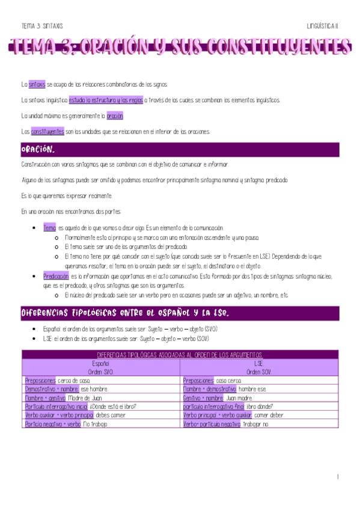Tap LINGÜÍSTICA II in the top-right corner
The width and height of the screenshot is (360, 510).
[x=323, y=26]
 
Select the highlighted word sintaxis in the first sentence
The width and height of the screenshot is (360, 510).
[x=37, y=84]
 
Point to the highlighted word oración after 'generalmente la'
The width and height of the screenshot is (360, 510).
[x=115, y=115]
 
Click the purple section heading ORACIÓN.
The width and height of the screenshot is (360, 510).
[x=39, y=149]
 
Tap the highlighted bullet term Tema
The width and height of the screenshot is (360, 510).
[x=49, y=229]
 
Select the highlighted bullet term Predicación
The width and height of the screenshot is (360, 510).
[x=56, y=276]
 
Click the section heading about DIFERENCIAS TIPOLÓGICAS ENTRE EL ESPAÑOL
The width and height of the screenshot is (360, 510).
[x=125, y=313]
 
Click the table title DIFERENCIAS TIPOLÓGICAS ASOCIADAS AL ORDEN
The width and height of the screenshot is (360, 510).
[x=180, y=354]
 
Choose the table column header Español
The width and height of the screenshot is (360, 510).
[x=100, y=363]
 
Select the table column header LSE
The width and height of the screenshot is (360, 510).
[x=259, y=363]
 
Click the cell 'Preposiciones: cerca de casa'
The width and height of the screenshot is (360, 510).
[x=58, y=380]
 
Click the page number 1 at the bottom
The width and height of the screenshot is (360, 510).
[x=338, y=476]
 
